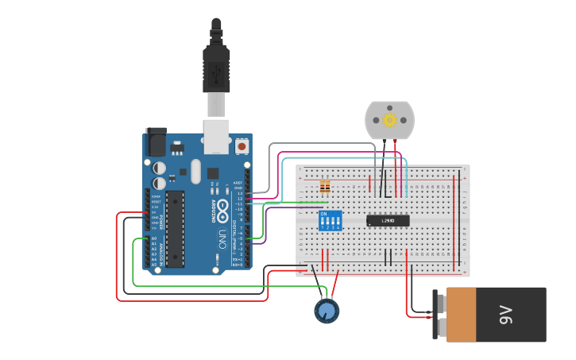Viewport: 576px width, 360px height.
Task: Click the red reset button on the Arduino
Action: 242,146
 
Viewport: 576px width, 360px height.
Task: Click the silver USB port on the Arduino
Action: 216,136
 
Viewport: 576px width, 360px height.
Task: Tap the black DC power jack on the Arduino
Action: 156,143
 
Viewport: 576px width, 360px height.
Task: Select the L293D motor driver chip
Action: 388,220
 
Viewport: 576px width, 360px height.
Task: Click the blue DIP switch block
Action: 330,221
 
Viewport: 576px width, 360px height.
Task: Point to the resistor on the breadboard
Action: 324,188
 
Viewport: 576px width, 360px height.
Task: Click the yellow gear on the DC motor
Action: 389,120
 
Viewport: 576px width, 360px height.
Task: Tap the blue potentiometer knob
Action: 326,310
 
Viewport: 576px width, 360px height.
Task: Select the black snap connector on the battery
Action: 439,315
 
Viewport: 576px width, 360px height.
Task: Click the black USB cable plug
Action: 216,68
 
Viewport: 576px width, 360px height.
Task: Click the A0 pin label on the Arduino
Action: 154,238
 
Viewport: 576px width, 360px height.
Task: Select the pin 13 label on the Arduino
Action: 240,192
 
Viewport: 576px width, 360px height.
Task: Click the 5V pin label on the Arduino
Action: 154,212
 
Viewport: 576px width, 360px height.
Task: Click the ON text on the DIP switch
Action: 323,214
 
